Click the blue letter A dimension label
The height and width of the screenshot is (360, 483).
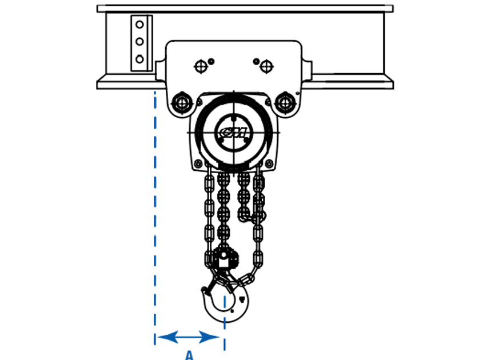189,355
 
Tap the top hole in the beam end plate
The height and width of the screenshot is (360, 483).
139,25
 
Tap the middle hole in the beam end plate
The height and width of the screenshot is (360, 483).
139,41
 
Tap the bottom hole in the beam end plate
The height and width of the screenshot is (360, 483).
139,59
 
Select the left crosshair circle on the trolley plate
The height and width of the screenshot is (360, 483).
201,66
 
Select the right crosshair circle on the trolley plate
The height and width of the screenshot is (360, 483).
266,66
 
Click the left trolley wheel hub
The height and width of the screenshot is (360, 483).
182,103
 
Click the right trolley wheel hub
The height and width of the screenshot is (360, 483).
285,103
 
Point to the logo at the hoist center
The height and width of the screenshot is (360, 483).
234,133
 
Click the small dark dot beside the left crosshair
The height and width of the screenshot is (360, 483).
211,62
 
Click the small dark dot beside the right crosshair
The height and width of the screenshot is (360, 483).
256,62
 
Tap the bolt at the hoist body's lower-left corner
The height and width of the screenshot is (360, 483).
198,163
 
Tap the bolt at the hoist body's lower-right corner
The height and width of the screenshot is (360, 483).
269,163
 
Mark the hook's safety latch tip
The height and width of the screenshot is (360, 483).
204,290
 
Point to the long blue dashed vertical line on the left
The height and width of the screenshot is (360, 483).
155,218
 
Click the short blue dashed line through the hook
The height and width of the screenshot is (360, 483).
225,323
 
